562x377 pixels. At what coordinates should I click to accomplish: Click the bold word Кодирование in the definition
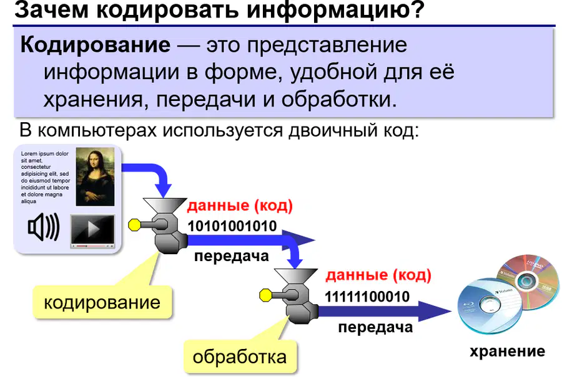96,45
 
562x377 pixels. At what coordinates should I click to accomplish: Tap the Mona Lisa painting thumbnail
96,177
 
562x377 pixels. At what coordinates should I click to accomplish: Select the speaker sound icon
44,227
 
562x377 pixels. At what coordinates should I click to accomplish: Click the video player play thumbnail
92,231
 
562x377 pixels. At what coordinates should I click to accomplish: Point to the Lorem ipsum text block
45,177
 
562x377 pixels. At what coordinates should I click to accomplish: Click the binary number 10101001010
232,226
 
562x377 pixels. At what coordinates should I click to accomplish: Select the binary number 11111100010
367,297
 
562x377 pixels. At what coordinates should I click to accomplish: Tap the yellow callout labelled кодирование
102,302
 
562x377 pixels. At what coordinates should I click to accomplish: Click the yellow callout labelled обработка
240,356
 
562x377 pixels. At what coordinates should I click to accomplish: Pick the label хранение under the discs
507,351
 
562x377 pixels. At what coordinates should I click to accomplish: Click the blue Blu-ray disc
489,306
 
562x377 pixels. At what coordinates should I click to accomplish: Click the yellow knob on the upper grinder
134,224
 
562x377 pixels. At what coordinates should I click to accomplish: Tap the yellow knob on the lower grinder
265,295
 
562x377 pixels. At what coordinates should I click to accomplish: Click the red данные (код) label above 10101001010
240,205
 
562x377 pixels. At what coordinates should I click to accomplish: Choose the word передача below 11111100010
375,327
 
